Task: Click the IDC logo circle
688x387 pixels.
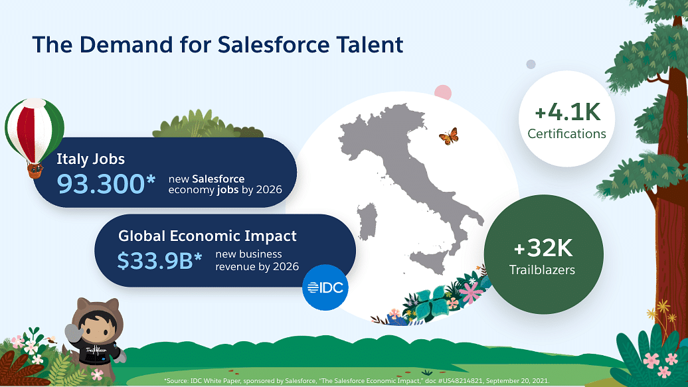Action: coord(325,287)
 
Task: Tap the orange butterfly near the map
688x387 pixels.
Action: coord(449,136)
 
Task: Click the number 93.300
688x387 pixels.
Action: coord(100,184)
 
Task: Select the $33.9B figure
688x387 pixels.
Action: coord(155,261)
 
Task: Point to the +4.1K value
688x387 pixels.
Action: coord(567,112)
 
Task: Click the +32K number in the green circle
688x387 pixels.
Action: coord(543,248)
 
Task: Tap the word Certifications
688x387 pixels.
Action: coord(566,133)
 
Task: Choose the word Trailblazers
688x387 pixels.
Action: coord(542,270)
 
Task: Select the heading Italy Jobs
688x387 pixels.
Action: coord(90,159)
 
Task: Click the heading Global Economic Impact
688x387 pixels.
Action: coord(207,236)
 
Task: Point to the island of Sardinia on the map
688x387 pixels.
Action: coord(367,222)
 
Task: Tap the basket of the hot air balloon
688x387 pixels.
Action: coord(35,170)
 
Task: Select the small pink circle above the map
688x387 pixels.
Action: coord(443,92)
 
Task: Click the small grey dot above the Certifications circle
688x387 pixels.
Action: coord(531,64)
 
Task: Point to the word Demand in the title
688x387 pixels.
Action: coord(126,44)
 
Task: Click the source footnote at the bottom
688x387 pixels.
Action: coord(356,380)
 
